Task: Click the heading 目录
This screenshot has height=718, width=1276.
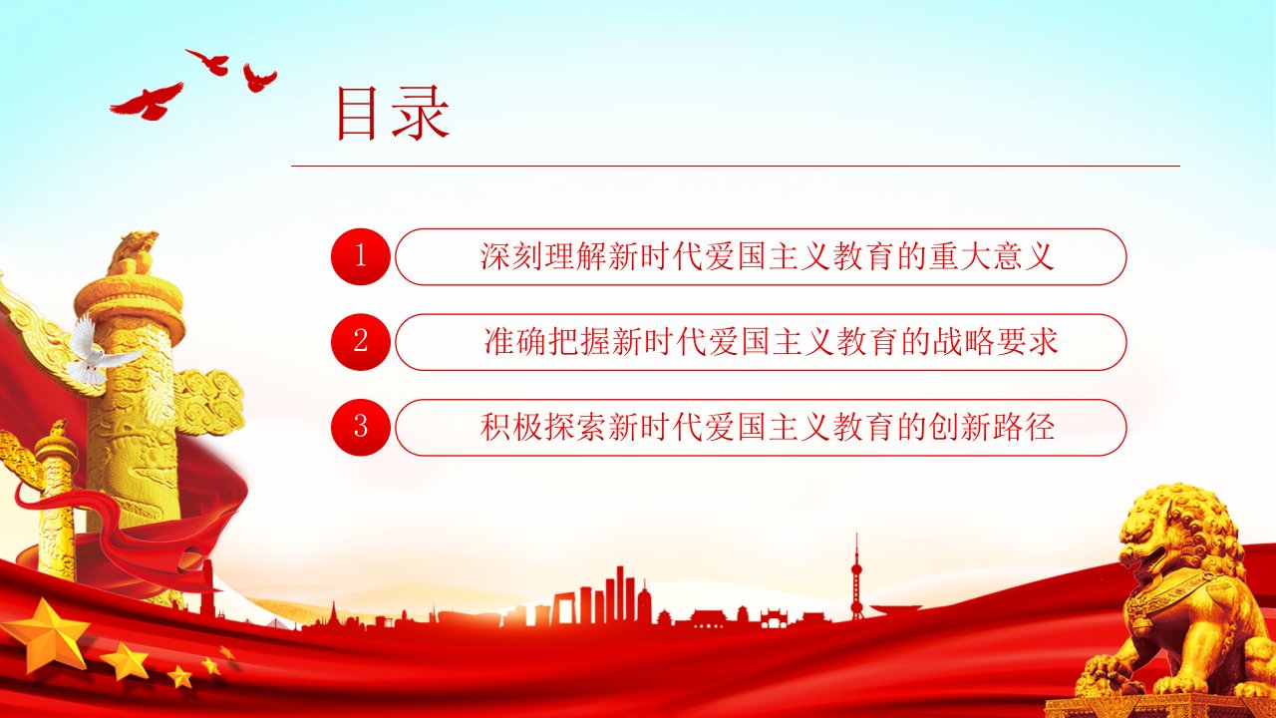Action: pos(393,113)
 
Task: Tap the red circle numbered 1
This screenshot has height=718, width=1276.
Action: pos(360,256)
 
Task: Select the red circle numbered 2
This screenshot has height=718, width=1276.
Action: pos(360,342)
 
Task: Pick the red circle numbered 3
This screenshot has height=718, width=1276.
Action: pos(360,428)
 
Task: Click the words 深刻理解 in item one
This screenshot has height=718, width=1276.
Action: pos(542,256)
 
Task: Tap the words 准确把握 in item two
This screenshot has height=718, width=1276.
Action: pos(547,342)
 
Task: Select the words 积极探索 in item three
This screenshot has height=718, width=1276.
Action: pos(542,428)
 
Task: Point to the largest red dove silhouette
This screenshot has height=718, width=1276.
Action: pos(149,102)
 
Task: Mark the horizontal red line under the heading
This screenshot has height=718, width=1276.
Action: pos(736,167)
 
